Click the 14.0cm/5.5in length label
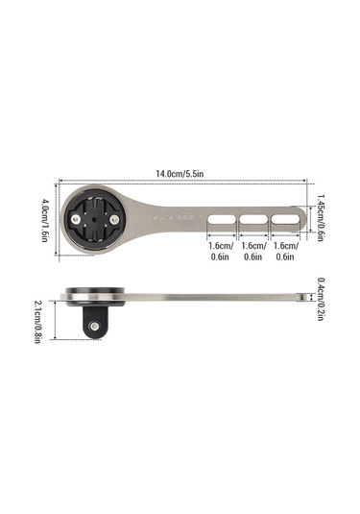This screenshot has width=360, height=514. [x=180, y=173]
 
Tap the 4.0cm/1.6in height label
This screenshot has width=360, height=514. [x=45, y=220]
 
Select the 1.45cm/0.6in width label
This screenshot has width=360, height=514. [x=321, y=217]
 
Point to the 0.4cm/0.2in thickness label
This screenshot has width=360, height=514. [x=321, y=299]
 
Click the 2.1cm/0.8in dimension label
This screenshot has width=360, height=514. [x=37, y=322]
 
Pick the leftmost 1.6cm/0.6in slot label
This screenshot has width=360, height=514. [x=221, y=251]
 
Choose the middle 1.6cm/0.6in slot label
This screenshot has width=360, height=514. [x=253, y=251]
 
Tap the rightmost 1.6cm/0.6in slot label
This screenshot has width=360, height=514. [x=286, y=251]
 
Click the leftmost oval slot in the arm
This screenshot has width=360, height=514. [x=221, y=220]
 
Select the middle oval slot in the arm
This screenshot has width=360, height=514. [x=253, y=220]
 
